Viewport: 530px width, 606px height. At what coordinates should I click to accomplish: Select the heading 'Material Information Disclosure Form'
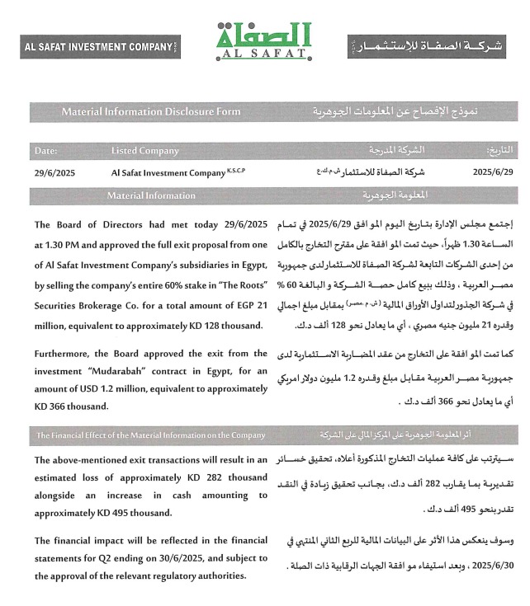(151, 110)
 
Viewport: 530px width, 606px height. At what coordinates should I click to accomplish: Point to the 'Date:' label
(46, 151)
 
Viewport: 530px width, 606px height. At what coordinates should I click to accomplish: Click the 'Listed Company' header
(145, 151)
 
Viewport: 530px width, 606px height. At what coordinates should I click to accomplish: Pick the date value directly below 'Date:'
(54, 173)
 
